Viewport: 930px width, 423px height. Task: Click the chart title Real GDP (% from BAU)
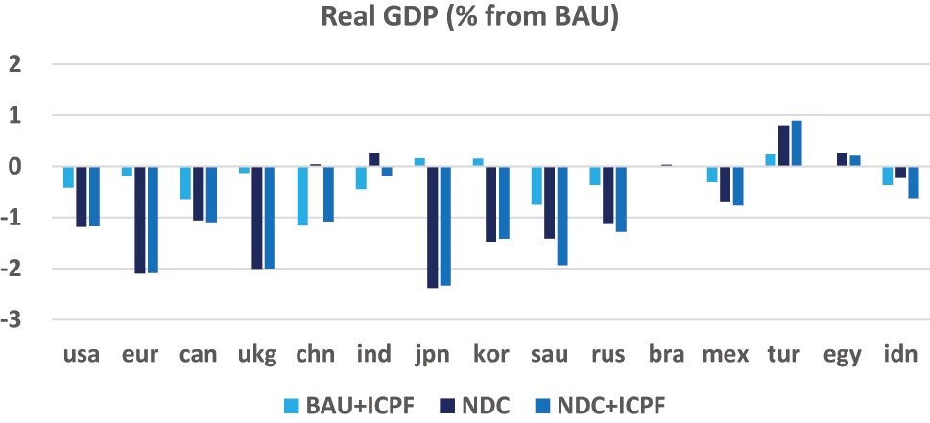tap(464, 18)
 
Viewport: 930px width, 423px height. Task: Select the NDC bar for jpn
tap(432, 227)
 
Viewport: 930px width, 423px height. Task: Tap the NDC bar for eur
tap(140, 220)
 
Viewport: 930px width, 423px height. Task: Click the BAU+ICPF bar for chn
tap(303, 196)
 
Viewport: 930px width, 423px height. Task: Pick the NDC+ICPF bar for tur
tap(797, 144)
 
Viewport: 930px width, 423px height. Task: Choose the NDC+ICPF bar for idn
tap(914, 182)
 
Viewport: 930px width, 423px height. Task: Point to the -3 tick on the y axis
tap(15, 319)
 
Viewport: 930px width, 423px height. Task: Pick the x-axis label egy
tap(842, 355)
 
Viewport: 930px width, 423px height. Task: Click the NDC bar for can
tap(199, 194)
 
